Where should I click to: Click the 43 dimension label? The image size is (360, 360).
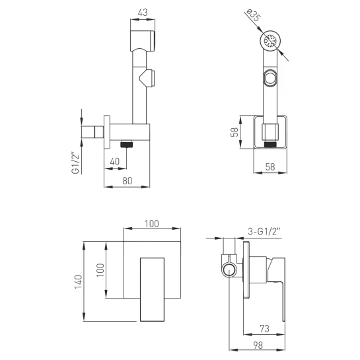[143, 13]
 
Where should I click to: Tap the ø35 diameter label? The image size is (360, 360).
[254, 15]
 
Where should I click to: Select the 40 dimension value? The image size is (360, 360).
[114, 162]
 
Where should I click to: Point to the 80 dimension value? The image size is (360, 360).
[127, 181]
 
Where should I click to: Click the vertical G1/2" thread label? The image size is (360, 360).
[75, 162]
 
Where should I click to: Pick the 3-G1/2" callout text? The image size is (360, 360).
[264, 231]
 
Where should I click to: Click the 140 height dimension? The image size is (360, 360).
[78, 281]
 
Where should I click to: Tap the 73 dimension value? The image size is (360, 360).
[264, 329]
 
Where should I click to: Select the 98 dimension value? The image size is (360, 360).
[258, 345]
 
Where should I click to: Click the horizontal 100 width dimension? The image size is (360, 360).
[152, 224]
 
